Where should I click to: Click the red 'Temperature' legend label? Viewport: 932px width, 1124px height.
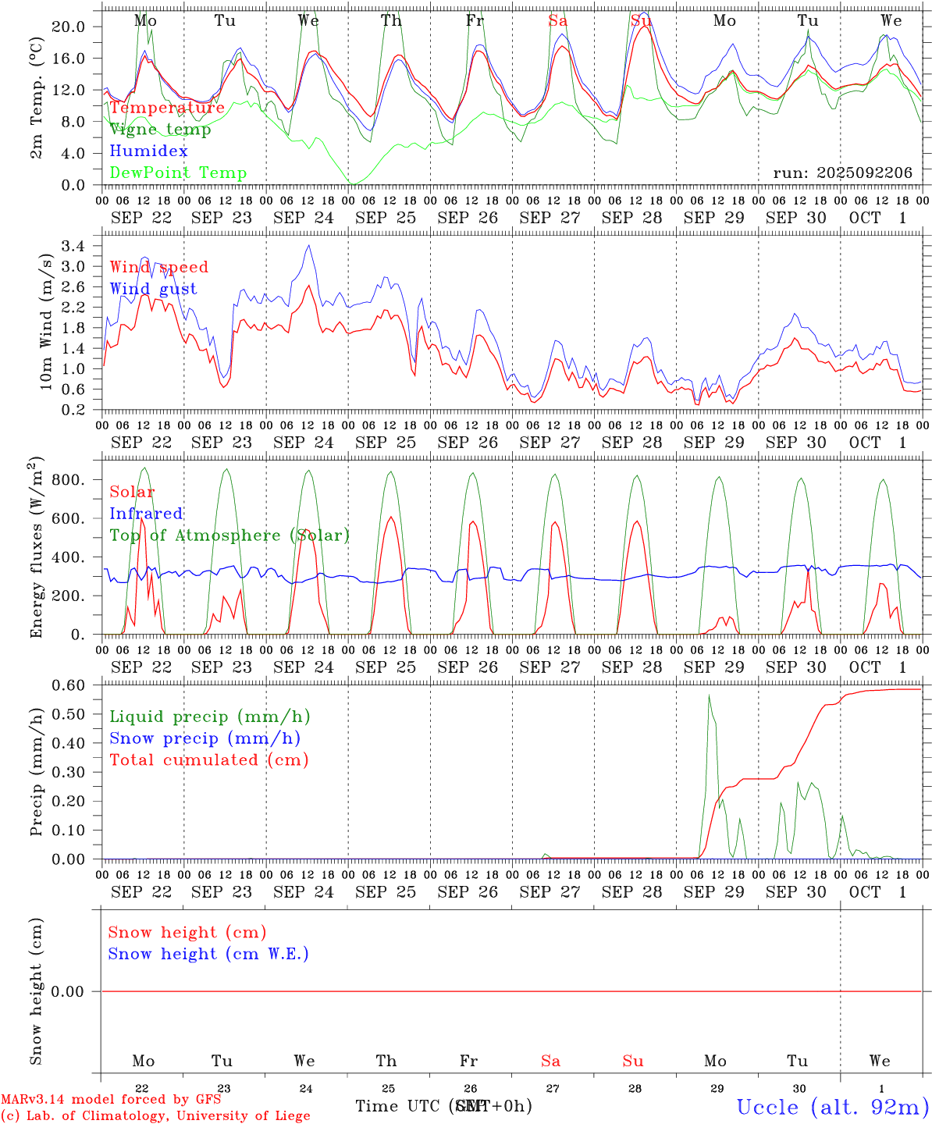[x=166, y=108]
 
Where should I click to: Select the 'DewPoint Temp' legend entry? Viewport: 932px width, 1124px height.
[x=178, y=173]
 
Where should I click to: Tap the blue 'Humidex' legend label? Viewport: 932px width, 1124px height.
[x=148, y=151]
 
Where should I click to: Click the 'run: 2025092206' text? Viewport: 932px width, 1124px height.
[x=842, y=173]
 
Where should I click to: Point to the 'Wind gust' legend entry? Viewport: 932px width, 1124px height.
[x=153, y=289]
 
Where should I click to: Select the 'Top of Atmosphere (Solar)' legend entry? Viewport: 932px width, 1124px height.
[x=229, y=535]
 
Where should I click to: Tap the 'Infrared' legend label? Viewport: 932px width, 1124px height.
[x=146, y=514]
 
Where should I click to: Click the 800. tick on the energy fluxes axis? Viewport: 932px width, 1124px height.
[x=69, y=480]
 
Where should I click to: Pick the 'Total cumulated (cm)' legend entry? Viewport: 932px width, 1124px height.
[x=208, y=760]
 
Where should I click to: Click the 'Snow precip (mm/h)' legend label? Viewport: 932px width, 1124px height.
[x=205, y=738]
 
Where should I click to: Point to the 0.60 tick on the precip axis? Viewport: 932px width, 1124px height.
[x=69, y=685]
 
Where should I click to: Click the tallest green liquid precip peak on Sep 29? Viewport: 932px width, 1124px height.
[x=709, y=695]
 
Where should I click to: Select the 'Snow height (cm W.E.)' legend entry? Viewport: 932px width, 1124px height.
[x=208, y=954]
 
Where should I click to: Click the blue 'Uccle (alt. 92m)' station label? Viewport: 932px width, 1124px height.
[x=832, y=1107]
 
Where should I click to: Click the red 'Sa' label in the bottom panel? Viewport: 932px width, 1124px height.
[x=550, y=1061]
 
